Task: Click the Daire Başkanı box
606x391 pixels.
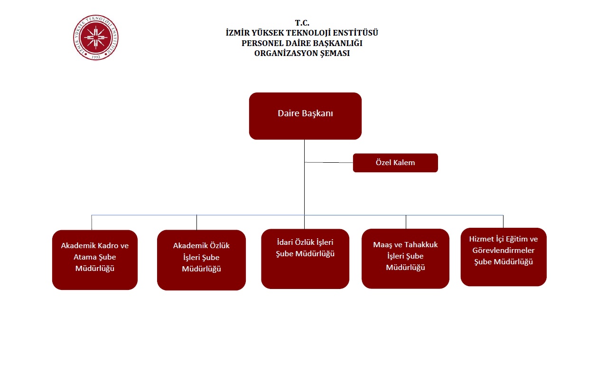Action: pos(305,116)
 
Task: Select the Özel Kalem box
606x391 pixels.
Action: pos(395,163)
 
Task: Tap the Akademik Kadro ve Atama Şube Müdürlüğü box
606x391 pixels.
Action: pos(95,260)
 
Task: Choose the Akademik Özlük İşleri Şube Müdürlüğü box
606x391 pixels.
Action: pos(201,260)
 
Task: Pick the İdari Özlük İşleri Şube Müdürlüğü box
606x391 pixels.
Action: pos(305,259)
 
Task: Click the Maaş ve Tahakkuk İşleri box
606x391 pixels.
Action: pos(405,258)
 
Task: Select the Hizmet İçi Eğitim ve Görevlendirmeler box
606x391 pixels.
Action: pos(503,257)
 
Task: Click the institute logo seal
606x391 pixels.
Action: pos(96,38)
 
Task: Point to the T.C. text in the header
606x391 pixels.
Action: pos(302,23)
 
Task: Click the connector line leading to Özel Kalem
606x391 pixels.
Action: pos(329,162)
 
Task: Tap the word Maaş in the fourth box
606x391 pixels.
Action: pos(383,245)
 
